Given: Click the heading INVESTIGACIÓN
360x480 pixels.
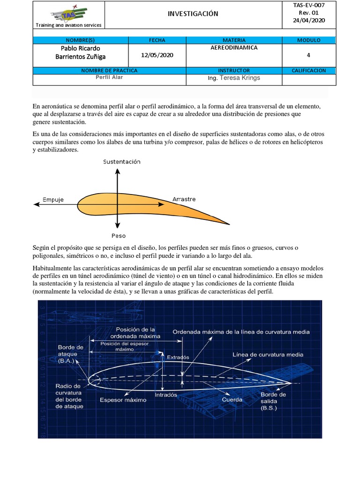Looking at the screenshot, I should click(x=193, y=14).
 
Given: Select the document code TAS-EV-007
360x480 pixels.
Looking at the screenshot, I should click(x=308, y=5).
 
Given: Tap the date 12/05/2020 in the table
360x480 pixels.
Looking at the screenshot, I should click(x=157, y=55).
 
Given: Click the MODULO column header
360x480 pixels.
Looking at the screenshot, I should click(x=308, y=40).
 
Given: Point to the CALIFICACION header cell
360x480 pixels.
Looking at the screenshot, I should click(x=308, y=70).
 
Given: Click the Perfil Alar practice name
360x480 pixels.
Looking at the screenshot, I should click(x=109, y=77).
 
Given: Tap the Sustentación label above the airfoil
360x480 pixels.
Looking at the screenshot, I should click(x=122, y=162).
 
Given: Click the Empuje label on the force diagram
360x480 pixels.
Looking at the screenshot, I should click(x=53, y=199).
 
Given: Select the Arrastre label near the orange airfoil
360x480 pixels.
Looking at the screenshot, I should click(x=184, y=199).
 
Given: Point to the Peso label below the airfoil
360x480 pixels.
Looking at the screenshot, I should click(x=119, y=236).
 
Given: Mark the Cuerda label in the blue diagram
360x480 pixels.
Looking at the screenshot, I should click(x=232, y=399).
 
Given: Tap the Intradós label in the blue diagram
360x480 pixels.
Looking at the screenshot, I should click(x=166, y=395).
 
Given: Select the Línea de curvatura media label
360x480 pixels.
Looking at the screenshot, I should click(x=270, y=354).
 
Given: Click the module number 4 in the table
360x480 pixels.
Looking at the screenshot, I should click(x=308, y=55).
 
